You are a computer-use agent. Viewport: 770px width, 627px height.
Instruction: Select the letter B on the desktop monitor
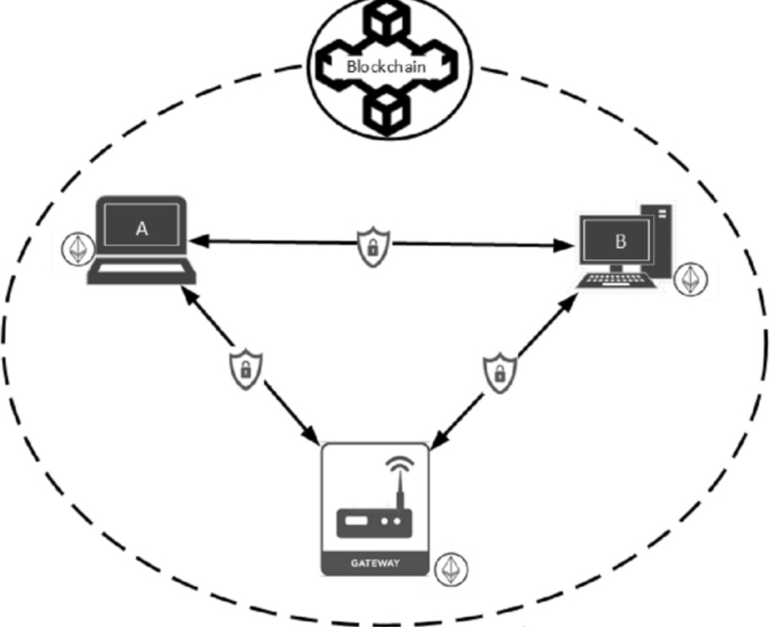point(620,241)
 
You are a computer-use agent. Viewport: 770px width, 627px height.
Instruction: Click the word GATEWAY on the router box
point(375,562)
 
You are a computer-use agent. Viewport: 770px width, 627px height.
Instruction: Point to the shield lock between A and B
point(372,247)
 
